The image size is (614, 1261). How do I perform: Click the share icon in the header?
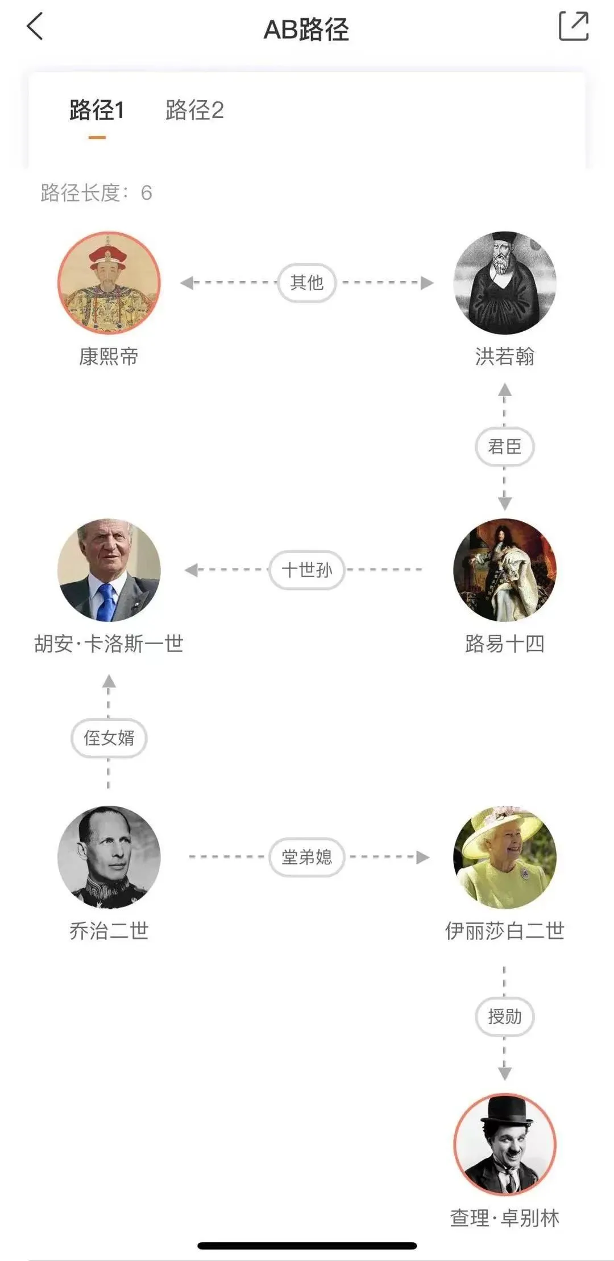click(x=573, y=26)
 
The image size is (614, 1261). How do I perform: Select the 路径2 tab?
click(x=194, y=110)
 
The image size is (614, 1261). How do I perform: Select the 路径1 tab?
click(x=97, y=110)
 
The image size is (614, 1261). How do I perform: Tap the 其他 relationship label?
click(x=307, y=282)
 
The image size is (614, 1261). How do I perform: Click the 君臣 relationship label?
click(x=504, y=447)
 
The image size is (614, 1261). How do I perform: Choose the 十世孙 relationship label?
click(x=307, y=570)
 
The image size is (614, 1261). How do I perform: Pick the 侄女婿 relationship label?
click(x=109, y=738)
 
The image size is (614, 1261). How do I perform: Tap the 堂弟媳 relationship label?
click(x=307, y=857)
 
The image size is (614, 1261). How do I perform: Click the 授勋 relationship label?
click(x=504, y=1016)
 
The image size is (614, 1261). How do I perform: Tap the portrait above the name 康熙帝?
click(x=109, y=283)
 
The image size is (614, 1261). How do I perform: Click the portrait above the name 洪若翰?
click(x=504, y=283)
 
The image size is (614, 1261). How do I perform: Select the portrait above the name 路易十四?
click(x=504, y=570)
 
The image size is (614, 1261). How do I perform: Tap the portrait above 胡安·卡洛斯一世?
click(x=109, y=570)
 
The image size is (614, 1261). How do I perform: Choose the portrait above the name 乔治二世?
click(x=109, y=857)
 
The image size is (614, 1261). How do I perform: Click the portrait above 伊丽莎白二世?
click(x=504, y=857)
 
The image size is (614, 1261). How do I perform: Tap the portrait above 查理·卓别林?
click(x=504, y=1144)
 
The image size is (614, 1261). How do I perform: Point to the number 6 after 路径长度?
click(x=146, y=193)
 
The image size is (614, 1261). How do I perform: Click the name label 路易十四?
click(x=504, y=644)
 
